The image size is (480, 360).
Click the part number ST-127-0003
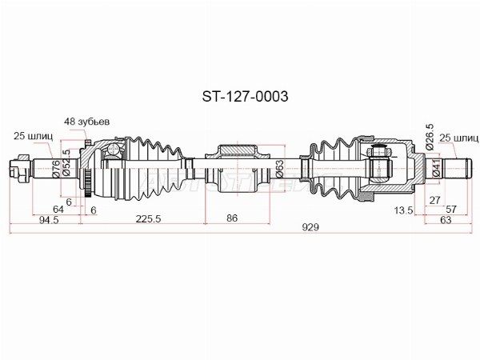[x=245, y=97]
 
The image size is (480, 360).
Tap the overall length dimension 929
[x=310, y=227]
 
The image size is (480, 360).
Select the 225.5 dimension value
[x=148, y=218]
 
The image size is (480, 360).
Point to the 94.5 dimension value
[x=49, y=219]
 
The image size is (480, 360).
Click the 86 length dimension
[x=232, y=218]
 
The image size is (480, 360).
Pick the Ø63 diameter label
[x=279, y=169]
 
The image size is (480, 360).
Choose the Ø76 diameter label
[x=56, y=169]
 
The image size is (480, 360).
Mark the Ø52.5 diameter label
[x=66, y=162]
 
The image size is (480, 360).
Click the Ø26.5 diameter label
[x=430, y=137]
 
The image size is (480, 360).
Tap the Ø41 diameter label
[x=437, y=168]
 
